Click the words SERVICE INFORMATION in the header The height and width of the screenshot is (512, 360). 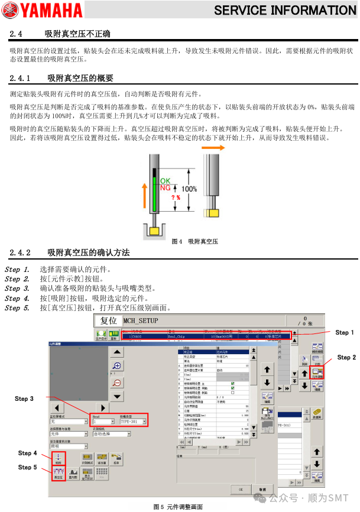(285, 10)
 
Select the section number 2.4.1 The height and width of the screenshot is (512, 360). (21, 78)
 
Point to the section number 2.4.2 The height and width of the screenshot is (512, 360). (21, 252)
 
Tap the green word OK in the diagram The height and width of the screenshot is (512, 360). (165, 180)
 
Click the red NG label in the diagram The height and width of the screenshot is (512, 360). (166, 187)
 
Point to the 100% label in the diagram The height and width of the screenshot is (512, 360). (189, 189)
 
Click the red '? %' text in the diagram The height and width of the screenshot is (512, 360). (176, 197)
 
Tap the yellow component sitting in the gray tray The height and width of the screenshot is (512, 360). (156, 229)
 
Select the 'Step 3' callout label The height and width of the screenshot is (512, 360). (24, 398)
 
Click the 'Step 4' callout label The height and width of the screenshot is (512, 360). (27, 453)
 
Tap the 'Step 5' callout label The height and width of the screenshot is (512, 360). (27, 466)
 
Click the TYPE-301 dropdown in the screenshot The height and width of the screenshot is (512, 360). (133, 422)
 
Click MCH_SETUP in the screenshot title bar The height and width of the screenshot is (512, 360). (141, 320)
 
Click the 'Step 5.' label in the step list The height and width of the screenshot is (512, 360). (17, 307)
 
